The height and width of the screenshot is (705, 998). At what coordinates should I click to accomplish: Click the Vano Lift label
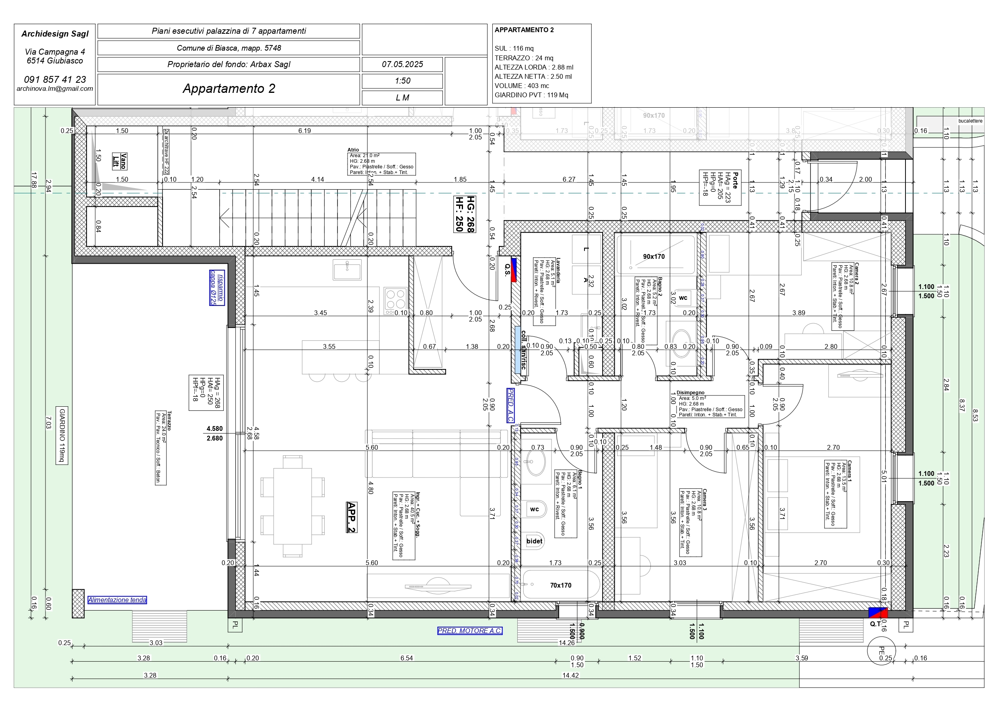pos(119,161)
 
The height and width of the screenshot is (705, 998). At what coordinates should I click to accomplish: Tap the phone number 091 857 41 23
pos(55,80)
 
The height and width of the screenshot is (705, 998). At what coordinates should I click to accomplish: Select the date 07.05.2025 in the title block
pos(402,64)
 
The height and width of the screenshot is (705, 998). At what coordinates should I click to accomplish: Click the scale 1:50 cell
pos(402,81)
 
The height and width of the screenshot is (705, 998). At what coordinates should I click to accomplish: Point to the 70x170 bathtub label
pos(560,585)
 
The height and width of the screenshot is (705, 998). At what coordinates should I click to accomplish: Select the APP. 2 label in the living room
pos(352,517)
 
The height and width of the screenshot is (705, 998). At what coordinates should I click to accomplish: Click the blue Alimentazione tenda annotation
pos(117,600)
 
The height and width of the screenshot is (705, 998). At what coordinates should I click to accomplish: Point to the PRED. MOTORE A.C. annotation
pos(469,631)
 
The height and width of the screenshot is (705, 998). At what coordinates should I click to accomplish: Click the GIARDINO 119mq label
pos(62,435)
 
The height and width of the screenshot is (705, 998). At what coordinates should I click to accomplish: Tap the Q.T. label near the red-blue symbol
pos(875,624)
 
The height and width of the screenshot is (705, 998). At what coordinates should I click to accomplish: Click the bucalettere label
pos(970,121)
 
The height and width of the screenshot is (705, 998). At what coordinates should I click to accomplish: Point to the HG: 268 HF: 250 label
pos(464,214)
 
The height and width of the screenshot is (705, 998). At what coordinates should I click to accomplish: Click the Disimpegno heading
pos(690,393)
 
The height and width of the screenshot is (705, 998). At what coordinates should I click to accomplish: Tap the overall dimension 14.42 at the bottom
pos(570,676)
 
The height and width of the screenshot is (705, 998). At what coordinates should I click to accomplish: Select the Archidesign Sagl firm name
pos(55,34)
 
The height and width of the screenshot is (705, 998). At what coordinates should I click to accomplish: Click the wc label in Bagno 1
pos(534,509)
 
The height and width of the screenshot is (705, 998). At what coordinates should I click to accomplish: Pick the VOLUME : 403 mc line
pos(522,86)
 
